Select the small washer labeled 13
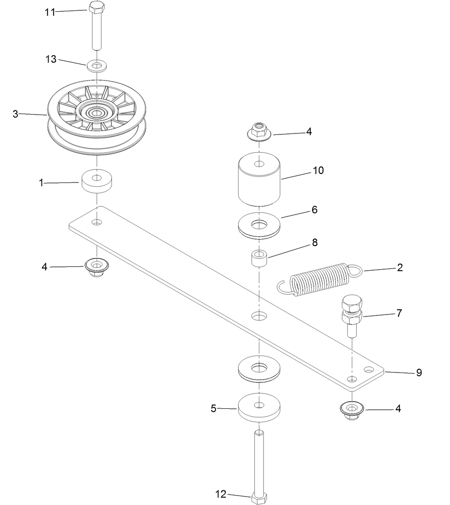(x=97, y=64)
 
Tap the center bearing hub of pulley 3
(x=97, y=113)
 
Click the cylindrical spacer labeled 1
(x=97, y=182)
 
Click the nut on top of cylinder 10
(x=258, y=130)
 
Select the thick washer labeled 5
(x=258, y=407)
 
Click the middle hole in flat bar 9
(x=258, y=315)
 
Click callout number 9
(x=418, y=373)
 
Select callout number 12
(x=221, y=494)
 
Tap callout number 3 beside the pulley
(x=15, y=114)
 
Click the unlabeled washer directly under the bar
(x=258, y=367)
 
